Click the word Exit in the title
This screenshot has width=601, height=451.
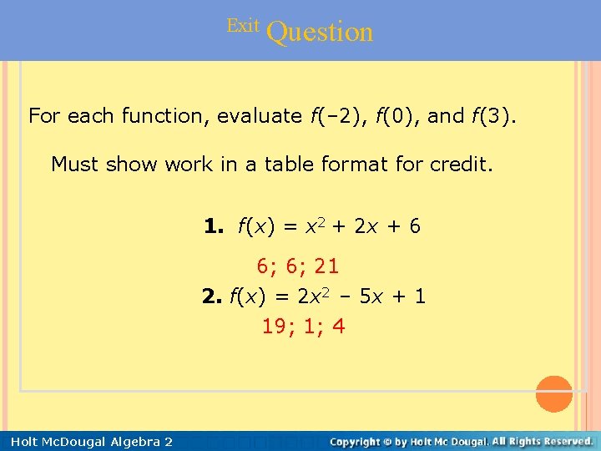[243, 26]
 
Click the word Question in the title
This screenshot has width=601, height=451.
[321, 32]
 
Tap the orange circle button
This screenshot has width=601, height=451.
[553, 394]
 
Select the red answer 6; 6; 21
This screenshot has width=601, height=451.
[297, 266]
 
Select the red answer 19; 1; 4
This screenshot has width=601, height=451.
[303, 327]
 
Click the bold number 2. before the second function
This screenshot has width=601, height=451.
[213, 296]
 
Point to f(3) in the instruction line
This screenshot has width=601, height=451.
[493, 116]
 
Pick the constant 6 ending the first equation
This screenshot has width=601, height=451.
[414, 225]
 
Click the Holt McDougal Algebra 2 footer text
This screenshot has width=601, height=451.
[92, 441]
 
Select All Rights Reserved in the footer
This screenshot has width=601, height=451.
[543, 440]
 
